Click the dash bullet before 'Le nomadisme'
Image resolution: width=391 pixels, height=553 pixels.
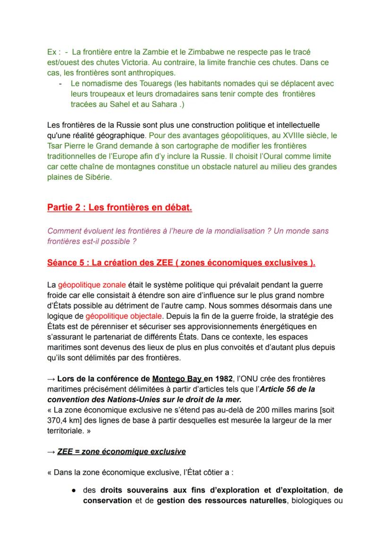click(60, 84)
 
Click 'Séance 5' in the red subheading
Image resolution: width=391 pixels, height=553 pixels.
click(66, 263)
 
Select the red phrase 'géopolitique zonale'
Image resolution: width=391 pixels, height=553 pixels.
click(92, 285)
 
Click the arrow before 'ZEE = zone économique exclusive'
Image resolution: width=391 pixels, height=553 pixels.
click(51, 452)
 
